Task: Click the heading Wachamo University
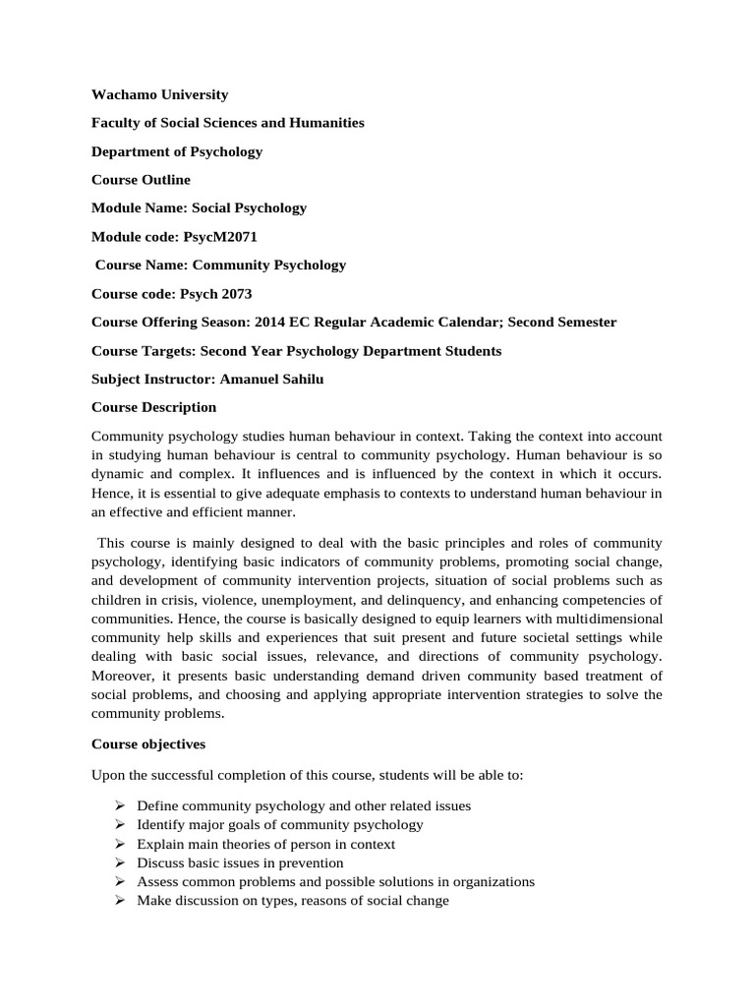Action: [159, 95]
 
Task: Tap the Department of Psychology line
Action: [177, 151]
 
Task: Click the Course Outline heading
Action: [141, 180]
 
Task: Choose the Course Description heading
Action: [153, 407]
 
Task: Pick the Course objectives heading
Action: [148, 744]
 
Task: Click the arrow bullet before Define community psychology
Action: [119, 805]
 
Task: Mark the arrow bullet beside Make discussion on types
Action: [119, 901]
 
